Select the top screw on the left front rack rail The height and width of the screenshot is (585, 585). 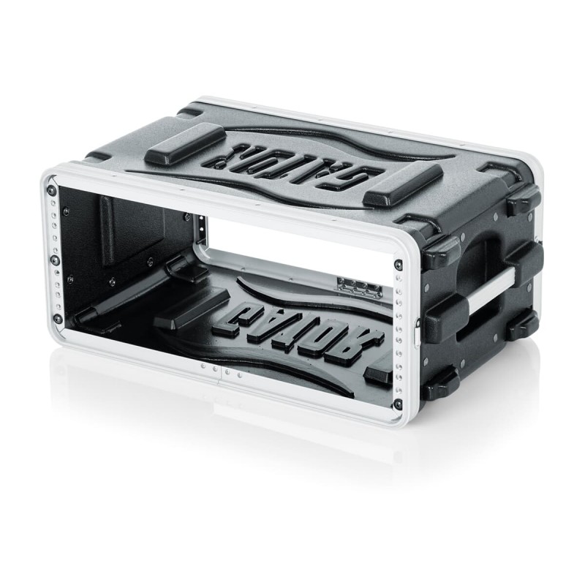pyautogui.click(x=50, y=191)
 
